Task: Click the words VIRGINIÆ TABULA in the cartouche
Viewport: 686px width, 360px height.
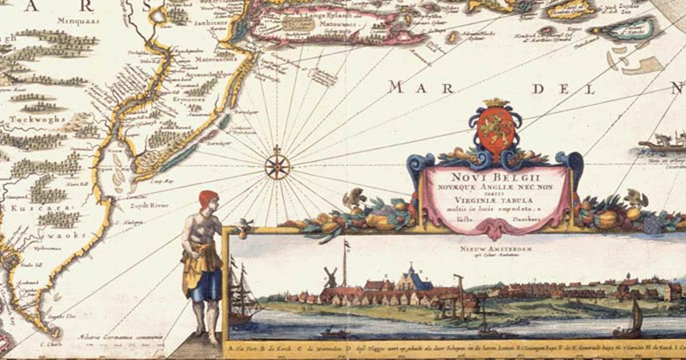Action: pos(495,199)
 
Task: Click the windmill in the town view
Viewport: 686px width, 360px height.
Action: pos(329,277)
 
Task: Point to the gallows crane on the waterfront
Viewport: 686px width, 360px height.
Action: pos(458,291)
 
